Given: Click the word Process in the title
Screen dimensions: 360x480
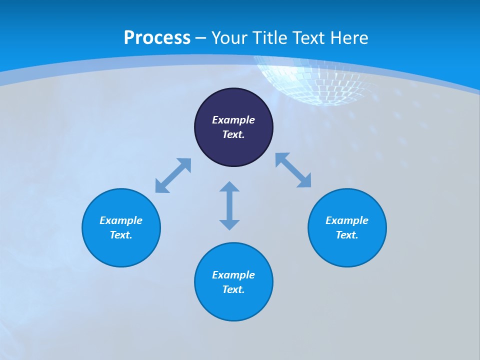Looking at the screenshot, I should [x=157, y=38].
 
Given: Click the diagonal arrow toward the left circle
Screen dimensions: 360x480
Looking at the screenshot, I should [x=173, y=175].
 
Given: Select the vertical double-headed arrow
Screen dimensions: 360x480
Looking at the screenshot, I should [x=229, y=205].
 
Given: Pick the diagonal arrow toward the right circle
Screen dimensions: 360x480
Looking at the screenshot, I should [x=293, y=170].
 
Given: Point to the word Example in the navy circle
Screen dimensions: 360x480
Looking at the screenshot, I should [x=233, y=120].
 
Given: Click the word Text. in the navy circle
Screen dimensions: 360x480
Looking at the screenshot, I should [x=233, y=134].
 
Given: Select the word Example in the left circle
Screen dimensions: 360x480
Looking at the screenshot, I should [x=121, y=220].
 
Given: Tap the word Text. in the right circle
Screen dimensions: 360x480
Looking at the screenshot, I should [x=347, y=235].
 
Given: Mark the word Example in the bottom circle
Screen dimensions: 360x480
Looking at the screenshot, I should [x=233, y=275].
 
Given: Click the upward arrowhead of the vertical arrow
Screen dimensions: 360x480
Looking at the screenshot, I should [x=229, y=186].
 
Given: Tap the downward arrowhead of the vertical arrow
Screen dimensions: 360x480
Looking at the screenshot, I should [x=229, y=224].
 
